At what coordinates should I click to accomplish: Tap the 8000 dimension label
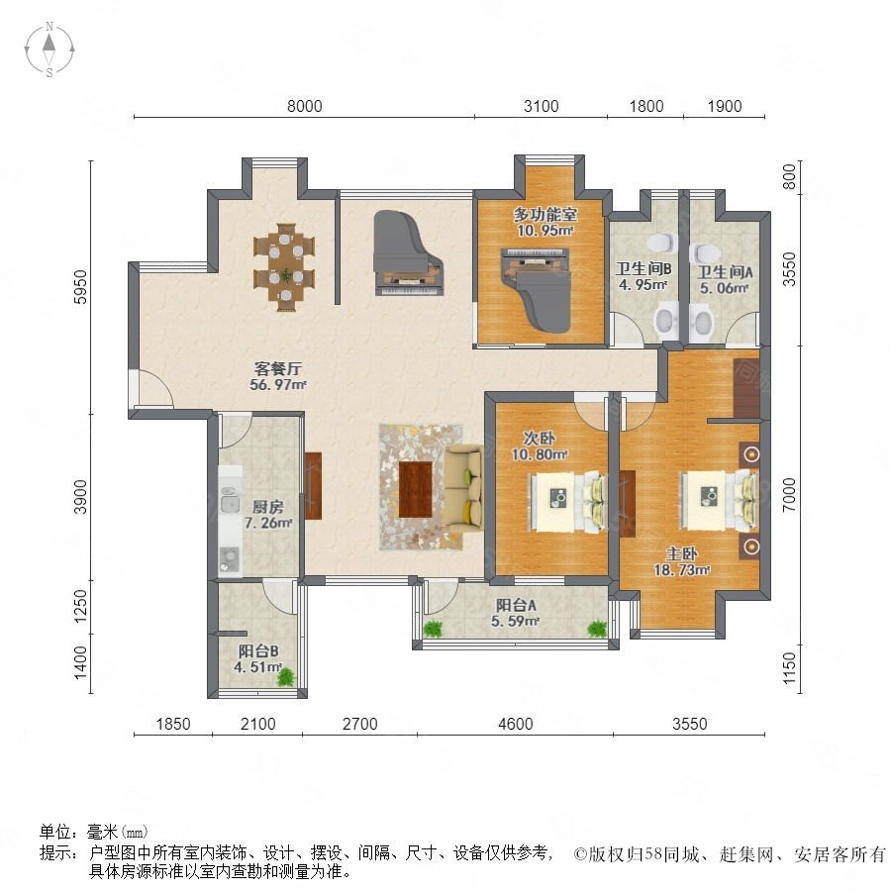coord(305,106)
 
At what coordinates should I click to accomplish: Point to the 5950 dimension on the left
coord(81,287)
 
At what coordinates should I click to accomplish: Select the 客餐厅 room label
coord(278,369)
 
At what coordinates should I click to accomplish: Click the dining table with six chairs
coord(284,267)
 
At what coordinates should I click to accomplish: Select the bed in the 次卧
coord(567,500)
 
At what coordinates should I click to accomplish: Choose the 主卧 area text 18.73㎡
coord(682,570)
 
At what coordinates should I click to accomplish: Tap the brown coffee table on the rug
coord(416,489)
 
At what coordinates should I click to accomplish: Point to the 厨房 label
coord(267,507)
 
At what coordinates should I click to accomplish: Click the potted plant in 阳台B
coord(286,677)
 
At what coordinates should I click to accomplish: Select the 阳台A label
coord(516,606)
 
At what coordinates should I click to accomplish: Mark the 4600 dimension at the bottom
coord(516,724)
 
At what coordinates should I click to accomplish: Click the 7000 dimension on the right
coord(789,494)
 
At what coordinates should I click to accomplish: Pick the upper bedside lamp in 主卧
coord(751,454)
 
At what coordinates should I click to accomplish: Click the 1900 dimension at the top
coord(725,106)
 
